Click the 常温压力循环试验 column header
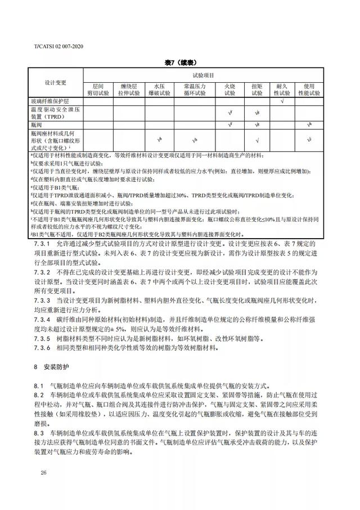(x=195, y=90)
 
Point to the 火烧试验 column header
(x=231, y=90)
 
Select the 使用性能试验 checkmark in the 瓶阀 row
(x=309, y=124)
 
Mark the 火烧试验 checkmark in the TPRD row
(x=231, y=113)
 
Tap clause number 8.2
(x=38, y=396)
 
